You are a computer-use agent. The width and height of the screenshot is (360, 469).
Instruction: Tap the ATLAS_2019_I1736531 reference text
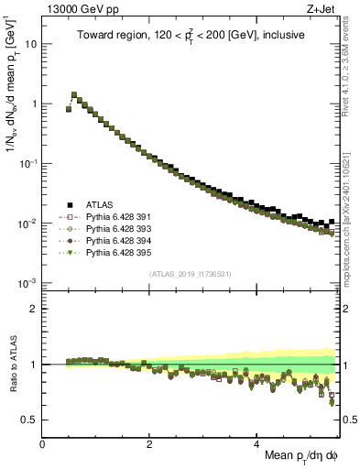pyautogui.click(x=191, y=275)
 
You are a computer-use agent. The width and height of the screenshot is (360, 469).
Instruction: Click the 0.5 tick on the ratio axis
pyautogui.click(x=30, y=420)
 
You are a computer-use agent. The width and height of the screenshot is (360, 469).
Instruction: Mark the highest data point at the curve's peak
pyautogui.click(x=74, y=94)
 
